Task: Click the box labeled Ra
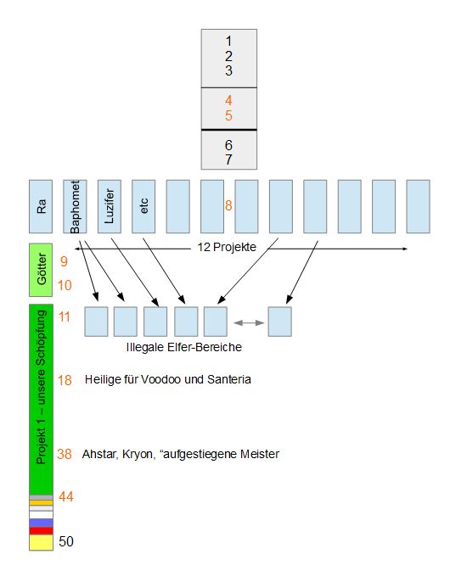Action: point(41,206)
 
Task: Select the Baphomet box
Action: point(75,206)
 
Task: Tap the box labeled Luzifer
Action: point(110,206)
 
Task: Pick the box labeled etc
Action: point(143,206)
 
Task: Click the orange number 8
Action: point(228,205)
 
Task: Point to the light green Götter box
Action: point(41,270)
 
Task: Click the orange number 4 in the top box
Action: point(228,100)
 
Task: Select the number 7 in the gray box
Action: point(228,159)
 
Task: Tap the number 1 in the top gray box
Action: point(228,41)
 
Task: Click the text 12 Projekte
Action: point(227,247)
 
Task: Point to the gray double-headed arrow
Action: point(249,323)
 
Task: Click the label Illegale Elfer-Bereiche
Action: point(184,347)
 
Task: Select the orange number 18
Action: point(65,380)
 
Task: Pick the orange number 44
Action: point(66,496)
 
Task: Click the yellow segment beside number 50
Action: point(42,542)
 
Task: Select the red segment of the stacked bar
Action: point(42,531)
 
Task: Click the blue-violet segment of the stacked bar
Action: point(42,523)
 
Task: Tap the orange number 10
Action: point(65,285)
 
